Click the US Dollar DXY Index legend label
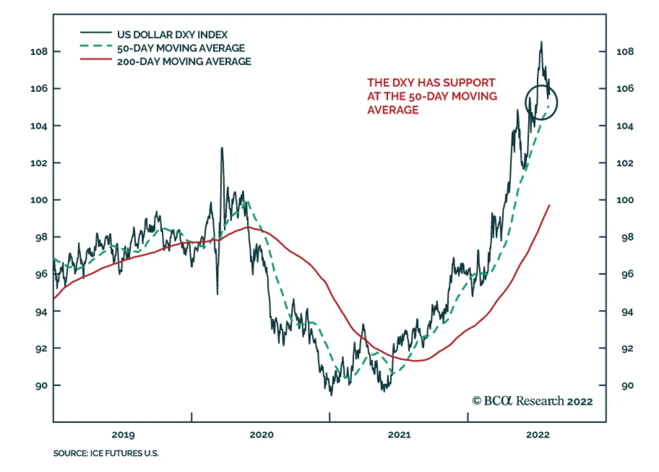pos(172,35)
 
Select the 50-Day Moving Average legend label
pos(181,48)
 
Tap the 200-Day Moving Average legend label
pos(184,62)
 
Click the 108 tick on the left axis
pos(39,51)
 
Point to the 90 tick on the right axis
pos(627,386)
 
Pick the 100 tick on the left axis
pos(39,200)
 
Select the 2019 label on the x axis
pos(123,435)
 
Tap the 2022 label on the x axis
pos(537,435)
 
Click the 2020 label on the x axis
pos(262,435)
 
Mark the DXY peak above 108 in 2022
pos(541,42)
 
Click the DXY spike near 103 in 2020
pos(222,148)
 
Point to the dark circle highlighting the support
pos(541,102)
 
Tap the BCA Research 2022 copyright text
pos(532,401)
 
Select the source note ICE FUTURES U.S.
pos(106,453)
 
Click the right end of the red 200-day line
pos(549,205)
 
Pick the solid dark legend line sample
pos(96,33)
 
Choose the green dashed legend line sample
pos(96,46)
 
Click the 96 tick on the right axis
pos(627,274)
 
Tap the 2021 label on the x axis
pos(399,435)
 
